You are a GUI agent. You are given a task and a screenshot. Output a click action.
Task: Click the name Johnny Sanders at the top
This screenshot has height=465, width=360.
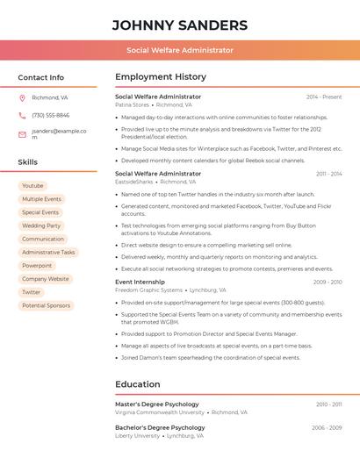coord(180,25)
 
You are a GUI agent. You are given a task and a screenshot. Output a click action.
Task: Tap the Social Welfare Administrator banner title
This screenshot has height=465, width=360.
coord(180,50)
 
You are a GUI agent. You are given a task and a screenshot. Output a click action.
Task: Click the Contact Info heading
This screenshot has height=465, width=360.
coord(41,77)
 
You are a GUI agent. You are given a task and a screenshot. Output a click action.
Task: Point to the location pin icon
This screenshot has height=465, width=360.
coord(22,98)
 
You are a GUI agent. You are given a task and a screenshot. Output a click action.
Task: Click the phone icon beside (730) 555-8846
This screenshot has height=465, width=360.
coord(22,116)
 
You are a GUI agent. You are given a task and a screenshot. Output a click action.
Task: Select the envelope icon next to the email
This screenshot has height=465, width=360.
coord(22,134)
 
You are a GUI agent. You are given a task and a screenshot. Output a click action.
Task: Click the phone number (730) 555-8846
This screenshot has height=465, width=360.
coord(50,116)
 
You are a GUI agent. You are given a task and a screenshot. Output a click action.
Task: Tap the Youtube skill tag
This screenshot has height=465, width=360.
coord(32,186)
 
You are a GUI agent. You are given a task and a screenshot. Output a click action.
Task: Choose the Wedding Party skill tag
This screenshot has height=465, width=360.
coord(41,225)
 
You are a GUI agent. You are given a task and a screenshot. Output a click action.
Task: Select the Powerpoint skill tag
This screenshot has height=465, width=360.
coord(37,266)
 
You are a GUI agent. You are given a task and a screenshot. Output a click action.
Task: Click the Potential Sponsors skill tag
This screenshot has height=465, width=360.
coord(46,305)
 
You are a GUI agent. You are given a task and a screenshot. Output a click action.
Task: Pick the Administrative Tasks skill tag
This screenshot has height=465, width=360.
coord(48,253)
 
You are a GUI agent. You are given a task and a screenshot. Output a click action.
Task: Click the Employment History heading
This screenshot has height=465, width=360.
coord(161,77)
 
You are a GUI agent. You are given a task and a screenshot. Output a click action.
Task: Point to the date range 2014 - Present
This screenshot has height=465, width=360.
coord(324,97)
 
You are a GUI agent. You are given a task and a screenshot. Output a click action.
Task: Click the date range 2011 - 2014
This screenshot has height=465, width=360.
coord(328,174)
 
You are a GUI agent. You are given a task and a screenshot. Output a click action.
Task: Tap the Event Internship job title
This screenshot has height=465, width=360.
coord(140,282)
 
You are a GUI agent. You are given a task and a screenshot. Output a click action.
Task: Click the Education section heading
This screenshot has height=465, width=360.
coord(138,384)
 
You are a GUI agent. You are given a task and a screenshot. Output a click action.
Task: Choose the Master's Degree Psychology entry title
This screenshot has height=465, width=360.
coord(157,404)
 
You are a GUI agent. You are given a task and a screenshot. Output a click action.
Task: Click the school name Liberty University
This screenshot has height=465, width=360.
coord(137,435)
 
